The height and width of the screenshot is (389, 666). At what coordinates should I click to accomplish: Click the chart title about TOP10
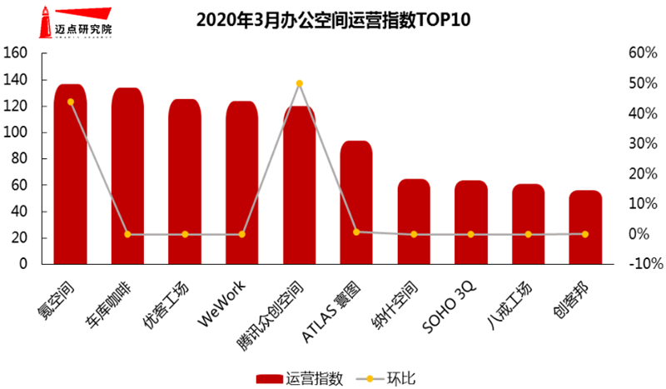[x=333, y=19]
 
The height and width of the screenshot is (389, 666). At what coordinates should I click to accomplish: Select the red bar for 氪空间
[x=70, y=175]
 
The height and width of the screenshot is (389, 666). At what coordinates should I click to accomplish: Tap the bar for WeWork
[x=241, y=183]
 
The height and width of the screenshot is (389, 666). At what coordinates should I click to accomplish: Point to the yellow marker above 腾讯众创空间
[x=299, y=83]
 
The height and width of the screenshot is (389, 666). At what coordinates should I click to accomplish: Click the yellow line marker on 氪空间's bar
[x=70, y=102]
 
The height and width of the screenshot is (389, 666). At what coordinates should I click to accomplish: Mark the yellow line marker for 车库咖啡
[x=127, y=234]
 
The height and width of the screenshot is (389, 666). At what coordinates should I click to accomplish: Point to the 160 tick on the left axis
[x=17, y=53]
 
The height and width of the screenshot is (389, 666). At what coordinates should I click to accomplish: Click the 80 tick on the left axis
[x=20, y=159]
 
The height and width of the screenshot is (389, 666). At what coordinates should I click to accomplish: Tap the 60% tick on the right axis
[x=644, y=53]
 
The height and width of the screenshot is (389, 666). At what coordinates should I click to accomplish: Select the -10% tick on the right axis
[x=644, y=264]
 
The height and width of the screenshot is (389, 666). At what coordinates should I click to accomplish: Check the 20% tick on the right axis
[x=644, y=174]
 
